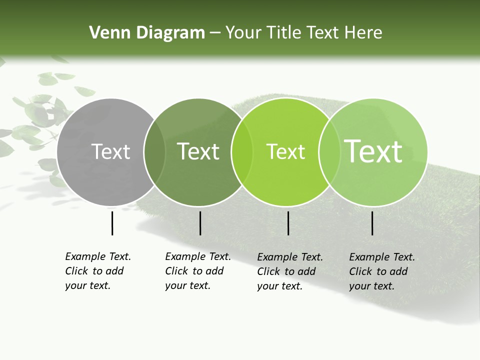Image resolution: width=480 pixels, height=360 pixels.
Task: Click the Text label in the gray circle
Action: pos(110,151)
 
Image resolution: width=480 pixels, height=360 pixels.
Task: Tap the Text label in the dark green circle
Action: pos(198,151)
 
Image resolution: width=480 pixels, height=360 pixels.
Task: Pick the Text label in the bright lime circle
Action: pos(285,151)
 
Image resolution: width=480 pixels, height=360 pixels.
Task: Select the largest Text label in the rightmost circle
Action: pos(373,151)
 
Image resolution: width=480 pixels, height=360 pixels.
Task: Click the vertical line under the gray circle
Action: pos(112,223)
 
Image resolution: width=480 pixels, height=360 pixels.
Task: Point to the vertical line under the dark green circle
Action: pos(200,223)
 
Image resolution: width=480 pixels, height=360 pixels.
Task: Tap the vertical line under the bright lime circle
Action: pos(288,223)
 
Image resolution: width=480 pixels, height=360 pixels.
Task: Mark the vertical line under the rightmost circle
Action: pos(372,223)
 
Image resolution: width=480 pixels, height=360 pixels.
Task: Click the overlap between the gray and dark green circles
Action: pos(154,152)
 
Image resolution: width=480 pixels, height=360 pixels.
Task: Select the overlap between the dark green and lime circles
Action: pos(241,152)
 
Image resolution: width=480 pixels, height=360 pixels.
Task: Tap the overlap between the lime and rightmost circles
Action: pos(328,152)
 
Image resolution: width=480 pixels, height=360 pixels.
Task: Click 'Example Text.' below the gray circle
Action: pos(98,256)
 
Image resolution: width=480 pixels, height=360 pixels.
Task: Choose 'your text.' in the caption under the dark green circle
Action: pos(187,285)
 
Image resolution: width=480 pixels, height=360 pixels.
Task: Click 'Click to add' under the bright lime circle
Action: pos(286,271)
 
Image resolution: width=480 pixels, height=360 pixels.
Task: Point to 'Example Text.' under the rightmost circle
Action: pos(382,257)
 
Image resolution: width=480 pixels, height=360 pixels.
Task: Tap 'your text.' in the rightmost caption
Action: pos(371,286)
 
